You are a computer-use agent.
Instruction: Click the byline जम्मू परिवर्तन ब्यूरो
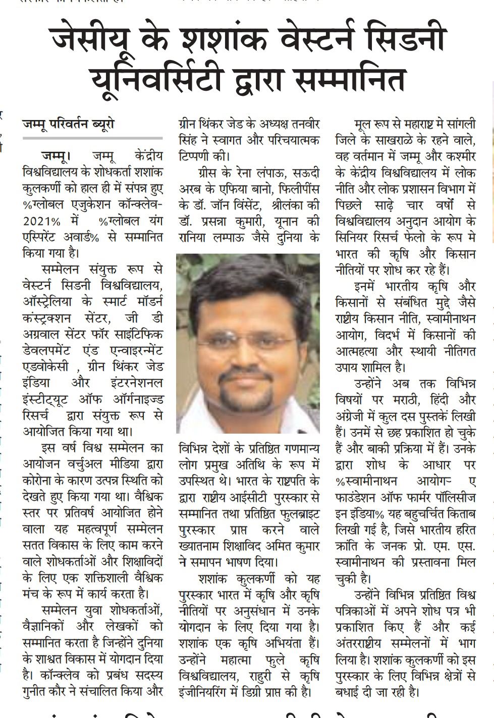[x=68, y=124]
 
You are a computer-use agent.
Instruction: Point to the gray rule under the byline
[x=93, y=138]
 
